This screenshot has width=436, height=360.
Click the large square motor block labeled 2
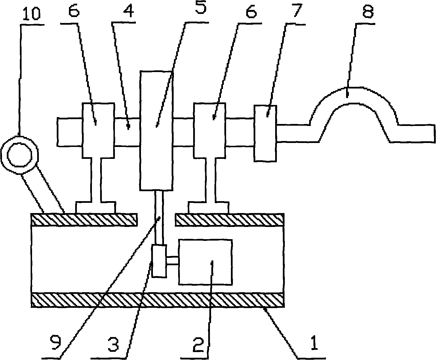point(205,262)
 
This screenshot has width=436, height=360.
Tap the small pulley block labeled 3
point(159,261)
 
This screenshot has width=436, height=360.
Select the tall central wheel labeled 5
point(157,131)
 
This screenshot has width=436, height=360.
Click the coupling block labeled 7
point(265,133)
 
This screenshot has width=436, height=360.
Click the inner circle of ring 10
point(19,155)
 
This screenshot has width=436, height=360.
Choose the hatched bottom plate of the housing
point(158,300)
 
